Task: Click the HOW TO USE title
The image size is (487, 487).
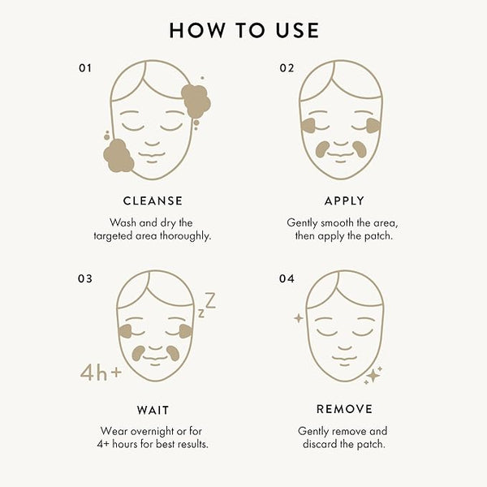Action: [x=243, y=31]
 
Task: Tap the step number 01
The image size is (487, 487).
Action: [x=84, y=68]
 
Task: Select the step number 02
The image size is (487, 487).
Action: [x=287, y=68]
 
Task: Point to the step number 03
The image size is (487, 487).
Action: [x=84, y=278]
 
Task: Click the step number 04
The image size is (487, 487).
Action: [x=287, y=278]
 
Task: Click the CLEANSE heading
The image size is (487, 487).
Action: [x=153, y=201]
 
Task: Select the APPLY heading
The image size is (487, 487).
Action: [x=344, y=201]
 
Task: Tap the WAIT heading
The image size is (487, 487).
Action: [x=153, y=410]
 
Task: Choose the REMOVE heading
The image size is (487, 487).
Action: [x=344, y=409]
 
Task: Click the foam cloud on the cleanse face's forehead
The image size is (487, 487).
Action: [x=196, y=101]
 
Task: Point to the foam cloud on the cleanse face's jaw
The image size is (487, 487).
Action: [x=119, y=156]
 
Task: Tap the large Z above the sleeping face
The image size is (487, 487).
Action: [x=210, y=300]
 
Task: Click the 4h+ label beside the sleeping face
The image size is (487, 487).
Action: [x=101, y=372]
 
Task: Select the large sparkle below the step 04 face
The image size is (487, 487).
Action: [x=373, y=376]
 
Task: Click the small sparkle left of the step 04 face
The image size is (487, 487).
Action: [x=299, y=318]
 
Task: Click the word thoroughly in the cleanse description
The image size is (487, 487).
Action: [x=185, y=236]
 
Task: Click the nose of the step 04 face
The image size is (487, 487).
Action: [x=344, y=347]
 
